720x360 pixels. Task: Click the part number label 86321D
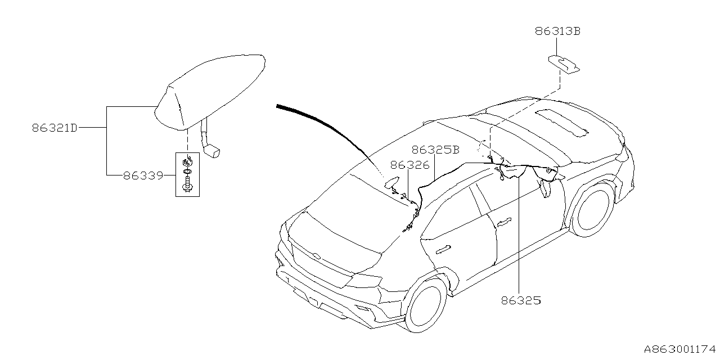point(54,128)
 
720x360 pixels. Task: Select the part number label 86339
point(143,175)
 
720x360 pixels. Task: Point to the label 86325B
point(435,150)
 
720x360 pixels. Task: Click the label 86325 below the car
point(520,301)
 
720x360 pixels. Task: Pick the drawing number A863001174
point(681,350)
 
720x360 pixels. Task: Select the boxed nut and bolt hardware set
point(187,174)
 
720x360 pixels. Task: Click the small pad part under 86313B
point(564,63)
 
